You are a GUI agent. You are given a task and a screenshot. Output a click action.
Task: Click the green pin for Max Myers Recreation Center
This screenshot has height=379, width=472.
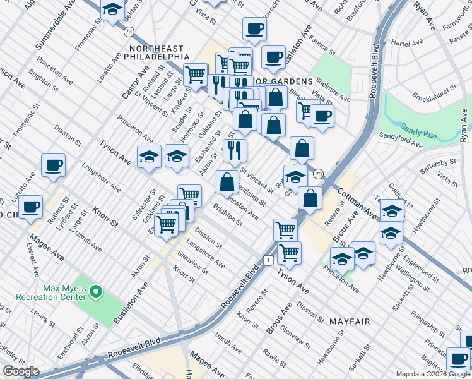click(96, 291)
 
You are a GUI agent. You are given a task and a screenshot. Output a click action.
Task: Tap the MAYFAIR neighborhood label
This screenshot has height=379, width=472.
click(350, 322)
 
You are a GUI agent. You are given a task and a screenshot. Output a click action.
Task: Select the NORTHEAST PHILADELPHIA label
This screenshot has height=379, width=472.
click(156, 52)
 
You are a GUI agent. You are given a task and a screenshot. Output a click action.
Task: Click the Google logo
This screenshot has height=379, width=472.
click(21, 371)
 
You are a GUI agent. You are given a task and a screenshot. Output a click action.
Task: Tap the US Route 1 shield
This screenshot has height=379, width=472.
click(269, 260)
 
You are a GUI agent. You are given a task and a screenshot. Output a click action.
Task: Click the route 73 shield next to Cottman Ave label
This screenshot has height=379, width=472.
click(318, 174)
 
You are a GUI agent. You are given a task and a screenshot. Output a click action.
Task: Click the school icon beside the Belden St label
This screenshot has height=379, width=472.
click(112, 10)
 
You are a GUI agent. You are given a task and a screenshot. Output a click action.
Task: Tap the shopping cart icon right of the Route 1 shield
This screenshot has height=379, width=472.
click(289, 252)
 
